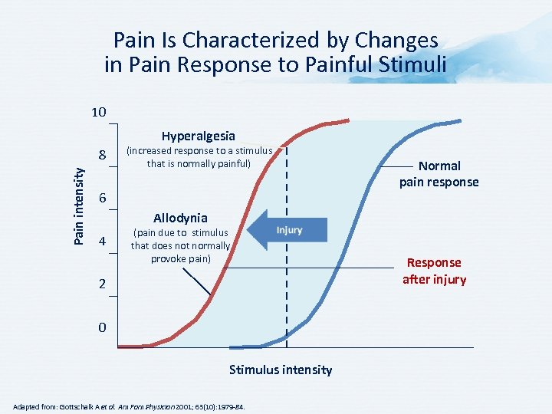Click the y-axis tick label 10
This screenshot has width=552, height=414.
click(x=97, y=113)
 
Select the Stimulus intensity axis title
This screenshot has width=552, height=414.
click(x=281, y=370)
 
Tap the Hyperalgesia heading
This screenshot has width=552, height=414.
click(x=198, y=136)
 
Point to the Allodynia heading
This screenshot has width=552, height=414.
click(x=180, y=217)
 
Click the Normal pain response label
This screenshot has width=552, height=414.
click(x=439, y=174)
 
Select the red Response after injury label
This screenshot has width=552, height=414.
click(x=434, y=271)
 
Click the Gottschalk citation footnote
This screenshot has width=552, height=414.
click(x=129, y=406)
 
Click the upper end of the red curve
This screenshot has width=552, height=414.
click(x=347, y=120)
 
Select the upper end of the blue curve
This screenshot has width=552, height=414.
click(x=460, y=120)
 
